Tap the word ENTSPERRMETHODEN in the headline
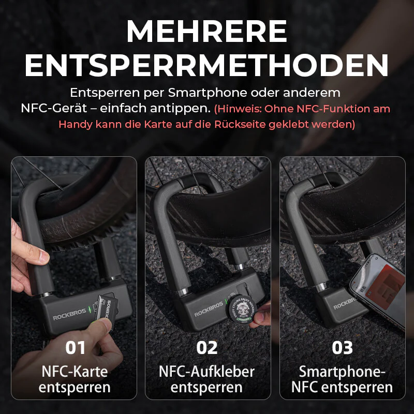pyautogui.click(x=206, y=66)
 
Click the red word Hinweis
pyautogui.click(x=240, y=109)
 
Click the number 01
pyautogui.click(x=76, y=348)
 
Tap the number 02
pyautogui.click(x=207, y=348)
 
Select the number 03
pyautogui.click(x=342, y=348)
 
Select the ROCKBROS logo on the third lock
pyautogui.click(x=345, y=304)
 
